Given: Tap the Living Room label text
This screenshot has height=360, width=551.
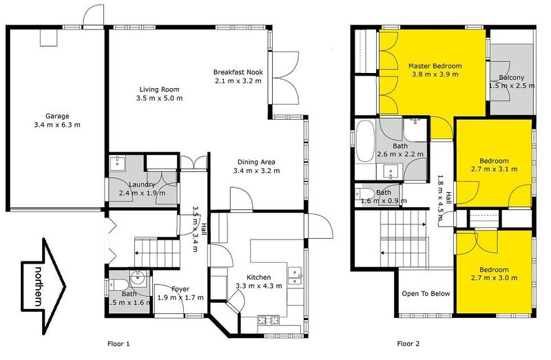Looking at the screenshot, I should click(x=159, y=89).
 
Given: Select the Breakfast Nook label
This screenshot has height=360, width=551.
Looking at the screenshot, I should click(x=238, y=72).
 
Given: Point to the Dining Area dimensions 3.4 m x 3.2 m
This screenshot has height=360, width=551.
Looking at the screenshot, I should click(x=258, y=171).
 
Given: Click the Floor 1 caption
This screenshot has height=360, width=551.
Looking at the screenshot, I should click(x=118, y=343).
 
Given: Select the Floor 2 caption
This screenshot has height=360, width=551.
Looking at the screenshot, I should click(x=408, y=343).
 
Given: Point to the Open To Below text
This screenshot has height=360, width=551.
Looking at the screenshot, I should click(x=426, y=294).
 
